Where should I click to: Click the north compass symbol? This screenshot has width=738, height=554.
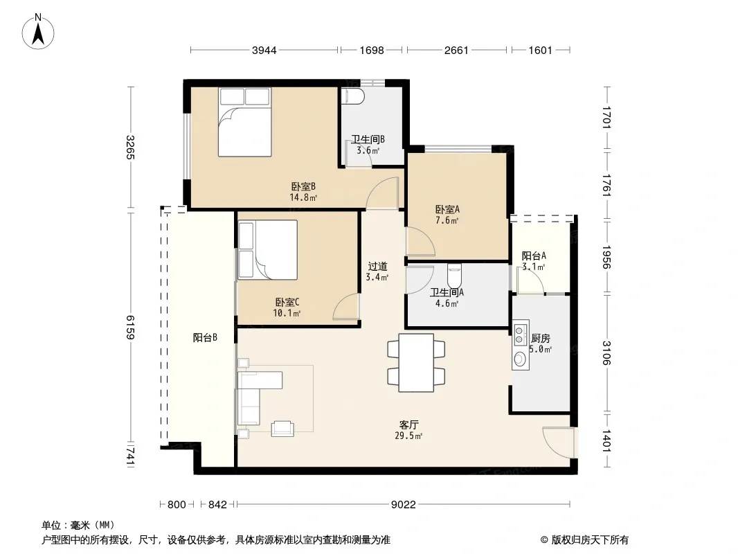[x=38, y=32]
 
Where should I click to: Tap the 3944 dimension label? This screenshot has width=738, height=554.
[x=264, y=51]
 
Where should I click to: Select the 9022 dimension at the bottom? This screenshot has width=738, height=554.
[x=404, y=505]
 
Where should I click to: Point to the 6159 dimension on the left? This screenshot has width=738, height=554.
[x=130, y=327]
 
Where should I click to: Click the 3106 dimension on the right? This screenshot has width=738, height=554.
[x=606, y=352]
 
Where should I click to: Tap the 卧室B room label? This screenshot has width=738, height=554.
[x=303, y=186]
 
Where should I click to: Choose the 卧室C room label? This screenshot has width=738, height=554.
[x=287, y=302]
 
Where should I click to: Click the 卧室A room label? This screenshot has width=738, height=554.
[x=447, y=209]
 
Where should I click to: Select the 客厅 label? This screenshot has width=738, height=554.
[x=408, y=425]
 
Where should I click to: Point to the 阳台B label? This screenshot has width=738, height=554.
[x=205, y=337]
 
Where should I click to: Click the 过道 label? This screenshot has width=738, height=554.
[x=377, y=267]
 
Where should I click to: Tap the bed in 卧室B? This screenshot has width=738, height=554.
[x=245, y=122]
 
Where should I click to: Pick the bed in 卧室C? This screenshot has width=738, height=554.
[x=268, y=250]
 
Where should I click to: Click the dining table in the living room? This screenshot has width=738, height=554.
[x=416, y=362]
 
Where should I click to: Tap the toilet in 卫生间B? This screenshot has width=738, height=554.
[x=352, y=96]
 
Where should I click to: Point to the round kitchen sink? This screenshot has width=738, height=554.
[x=520, y=359]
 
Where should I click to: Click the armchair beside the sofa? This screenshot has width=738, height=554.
[x=282, y=428]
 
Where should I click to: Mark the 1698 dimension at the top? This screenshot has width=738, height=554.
[x=372, y=51]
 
